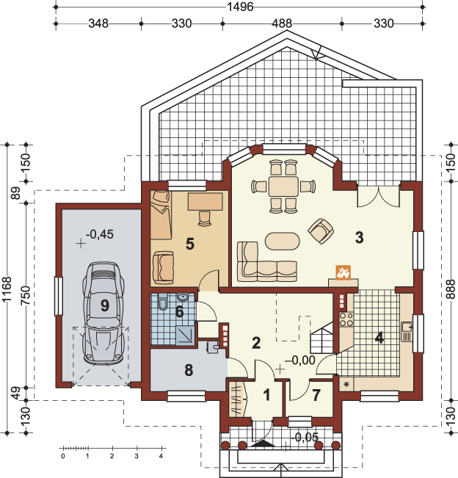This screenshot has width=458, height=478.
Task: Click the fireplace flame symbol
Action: click(x=343, y=272)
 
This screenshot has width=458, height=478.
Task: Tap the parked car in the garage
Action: click(x=103, y=313)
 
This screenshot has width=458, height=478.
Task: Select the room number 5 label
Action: click(x=190, y=244)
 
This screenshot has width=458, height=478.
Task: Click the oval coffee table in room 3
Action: click(x=282, y=241)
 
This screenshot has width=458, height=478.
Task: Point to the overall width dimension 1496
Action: click(x=241, y=7)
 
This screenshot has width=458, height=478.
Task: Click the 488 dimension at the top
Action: click(x=282, y=23)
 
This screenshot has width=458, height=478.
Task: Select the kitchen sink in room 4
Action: click(x=407, y=332)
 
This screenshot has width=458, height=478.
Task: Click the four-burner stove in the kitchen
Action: click(x=346, y=319)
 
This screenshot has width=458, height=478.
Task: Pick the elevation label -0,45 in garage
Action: click(x=100, y=234)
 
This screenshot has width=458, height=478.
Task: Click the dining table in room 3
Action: click(x=283, y=187)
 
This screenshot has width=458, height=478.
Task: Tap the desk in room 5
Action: click(x=206, y=201)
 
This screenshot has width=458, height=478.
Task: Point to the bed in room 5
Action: click(x=160, y=215)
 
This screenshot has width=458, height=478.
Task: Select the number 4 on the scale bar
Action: click(x=161, y=456)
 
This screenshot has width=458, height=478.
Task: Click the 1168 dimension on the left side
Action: click(x=7, y=289)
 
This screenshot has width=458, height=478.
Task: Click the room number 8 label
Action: click(x=189, y=370)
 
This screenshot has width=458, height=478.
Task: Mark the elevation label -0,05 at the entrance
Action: click(x=305, y=437)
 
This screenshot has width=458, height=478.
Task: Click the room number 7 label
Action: click(x=316, y=395)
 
